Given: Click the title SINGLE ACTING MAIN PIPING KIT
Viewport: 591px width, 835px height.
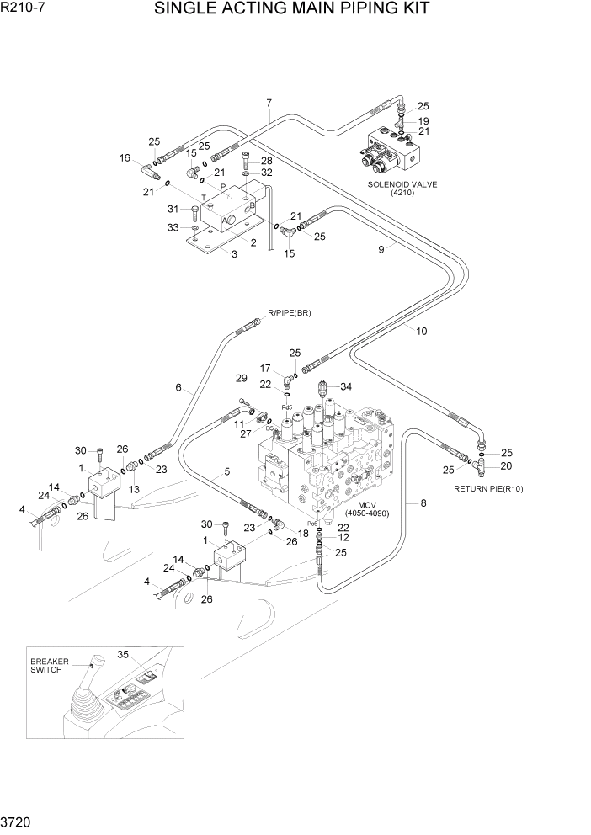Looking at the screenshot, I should [292, 9].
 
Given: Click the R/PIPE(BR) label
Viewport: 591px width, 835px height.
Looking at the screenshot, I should [289, 313].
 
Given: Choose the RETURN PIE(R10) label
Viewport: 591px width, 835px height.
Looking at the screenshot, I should [487, 488].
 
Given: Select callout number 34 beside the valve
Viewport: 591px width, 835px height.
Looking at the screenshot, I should [345, 386].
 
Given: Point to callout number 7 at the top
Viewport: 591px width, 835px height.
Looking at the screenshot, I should [269, 104].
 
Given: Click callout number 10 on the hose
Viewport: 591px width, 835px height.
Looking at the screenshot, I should [421, 331].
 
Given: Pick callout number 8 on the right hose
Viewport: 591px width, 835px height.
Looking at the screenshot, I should [423, 503].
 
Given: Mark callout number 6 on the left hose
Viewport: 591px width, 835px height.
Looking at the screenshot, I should [178, 387].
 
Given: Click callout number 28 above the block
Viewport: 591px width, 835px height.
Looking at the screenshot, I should [266, 160].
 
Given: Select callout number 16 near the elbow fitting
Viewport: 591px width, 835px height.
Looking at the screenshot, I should [125, 157].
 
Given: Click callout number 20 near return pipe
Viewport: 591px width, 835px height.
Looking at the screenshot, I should [506, 465].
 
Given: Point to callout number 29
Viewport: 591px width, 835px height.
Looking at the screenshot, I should [242, 378].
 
